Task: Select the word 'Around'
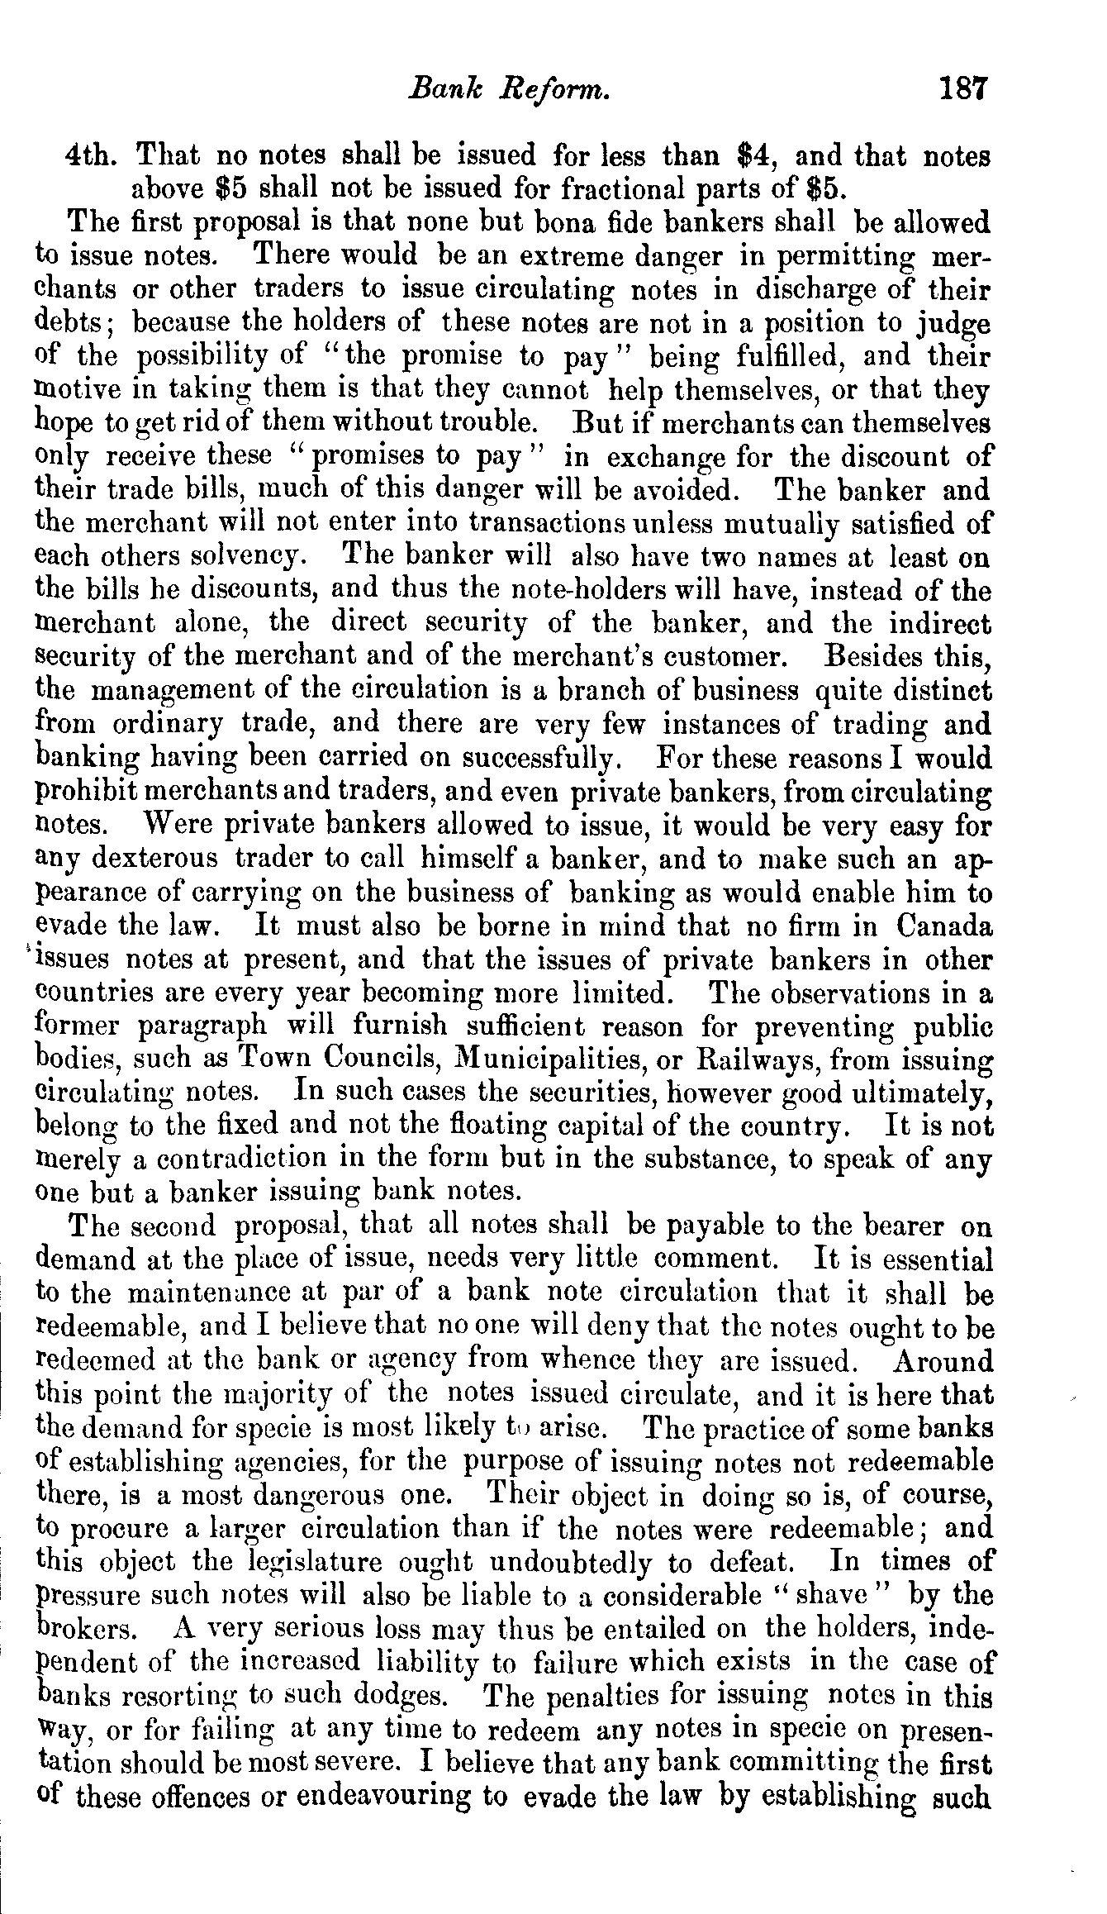[x=943, y=1360]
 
